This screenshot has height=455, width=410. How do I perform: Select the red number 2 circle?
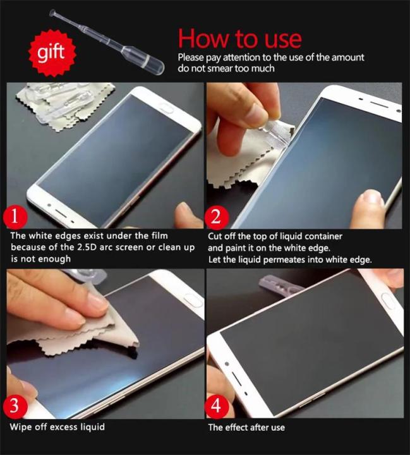216,218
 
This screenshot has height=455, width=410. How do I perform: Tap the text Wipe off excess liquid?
57,427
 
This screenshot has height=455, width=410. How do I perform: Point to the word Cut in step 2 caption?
216,236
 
